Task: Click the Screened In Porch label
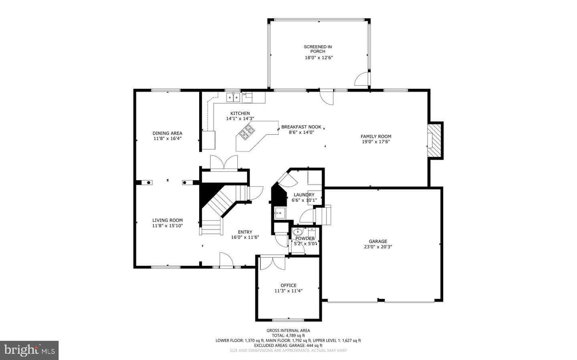pos(318,49)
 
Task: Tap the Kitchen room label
pos(240,113)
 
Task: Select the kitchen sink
pos(233,98)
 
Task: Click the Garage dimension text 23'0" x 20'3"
pos(378,247)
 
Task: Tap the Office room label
pos(288,286)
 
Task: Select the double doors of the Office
pos(273,263)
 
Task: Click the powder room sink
pos(298,232)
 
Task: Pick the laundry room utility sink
pos(280,213)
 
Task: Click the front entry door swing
pos(226,259)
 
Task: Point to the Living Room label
pos(167,220)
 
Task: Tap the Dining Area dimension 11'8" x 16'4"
pos(167,139)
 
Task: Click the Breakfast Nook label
pos(301,127)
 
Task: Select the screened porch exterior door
pos(362,79)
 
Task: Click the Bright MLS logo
pos(29,350)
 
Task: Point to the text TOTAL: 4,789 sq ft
pos(288,336)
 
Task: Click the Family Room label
pos(376,137)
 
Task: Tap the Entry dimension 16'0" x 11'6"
pos(245,237)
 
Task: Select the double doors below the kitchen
pos(224,163)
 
